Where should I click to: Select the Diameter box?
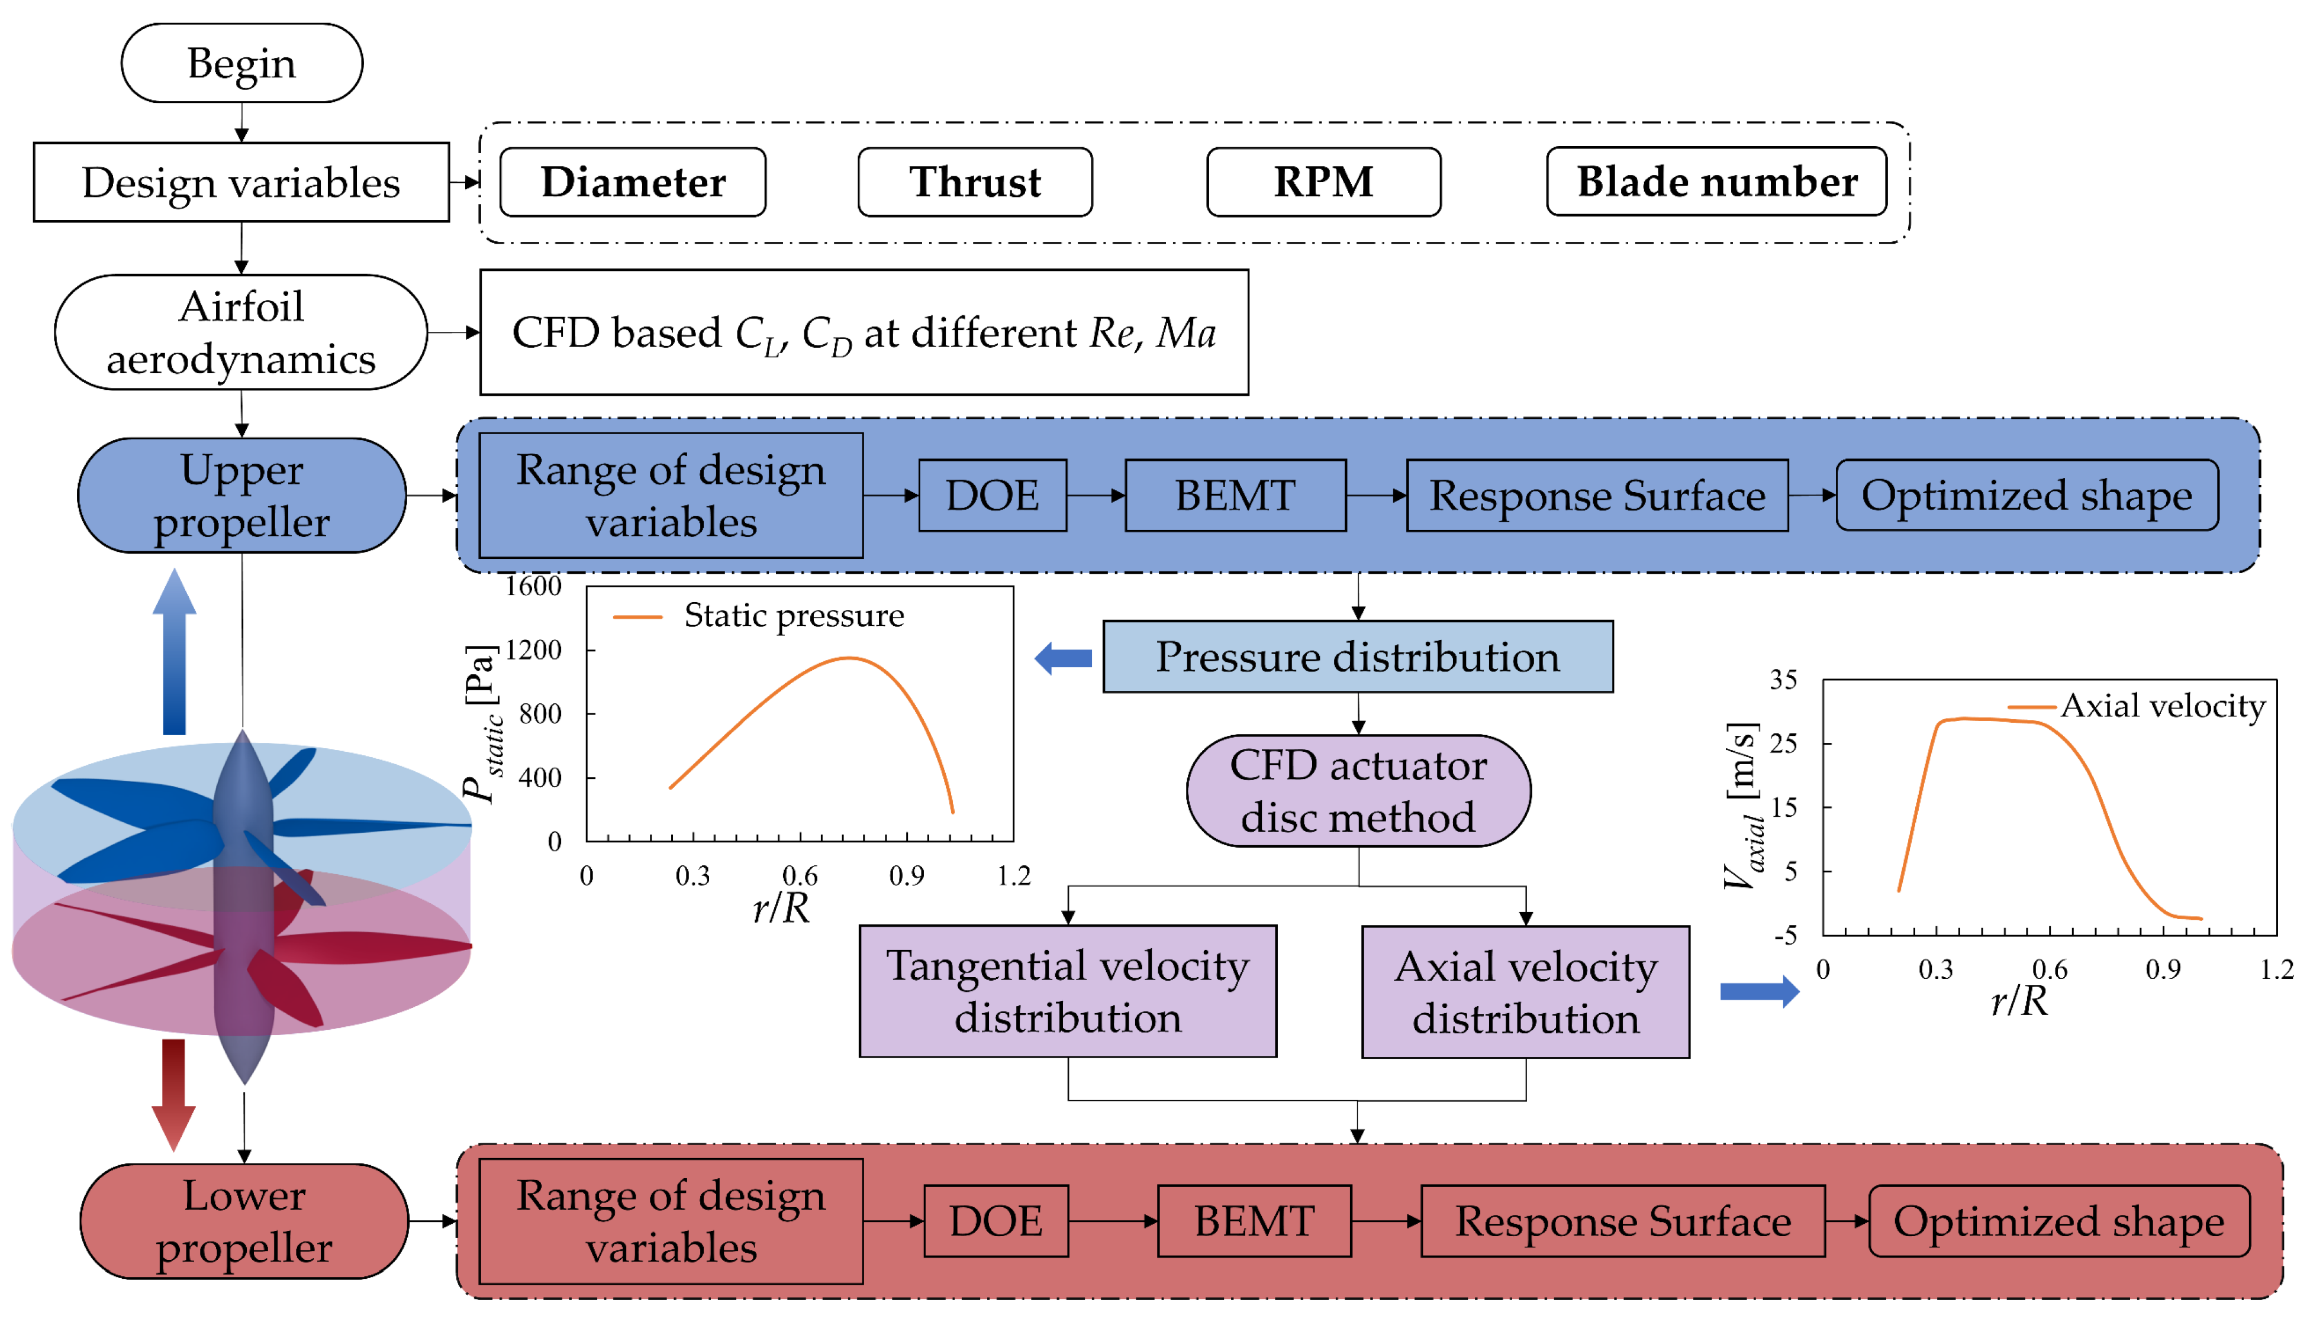tap(633, 182)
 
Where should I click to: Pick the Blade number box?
tap(1716, 182)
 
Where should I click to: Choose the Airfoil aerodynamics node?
tap(241, 332)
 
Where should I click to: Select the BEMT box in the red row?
tap(1254, 1221)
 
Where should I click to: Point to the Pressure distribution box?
tap(1357, 657)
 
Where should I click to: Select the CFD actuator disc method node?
tap(1358, 791)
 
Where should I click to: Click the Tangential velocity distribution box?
tap(1068, 991)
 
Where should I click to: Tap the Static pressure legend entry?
tap(793, 616)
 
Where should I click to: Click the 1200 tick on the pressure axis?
tap(534, 649)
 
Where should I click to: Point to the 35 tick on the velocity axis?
tap(1783, 680)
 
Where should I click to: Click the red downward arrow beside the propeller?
tap(173, 1094)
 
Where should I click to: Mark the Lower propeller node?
tap(244, 1221)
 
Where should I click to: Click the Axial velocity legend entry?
tap(2161, 706)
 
